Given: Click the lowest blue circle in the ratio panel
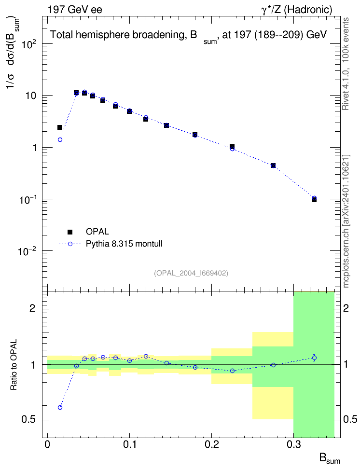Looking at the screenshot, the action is tap(60, 407).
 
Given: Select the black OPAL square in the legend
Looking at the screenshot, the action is tap(70, 232).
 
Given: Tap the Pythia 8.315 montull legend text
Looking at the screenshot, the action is tap(124, 244).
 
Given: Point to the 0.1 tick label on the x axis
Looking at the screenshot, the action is tap(129, 444).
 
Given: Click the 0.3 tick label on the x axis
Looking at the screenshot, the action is tap(294, 444).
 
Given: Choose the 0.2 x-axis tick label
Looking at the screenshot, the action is tap(211, 444).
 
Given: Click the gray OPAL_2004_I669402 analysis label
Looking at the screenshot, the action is tap(191, 273).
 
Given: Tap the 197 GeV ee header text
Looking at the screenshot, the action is tap(75, 10).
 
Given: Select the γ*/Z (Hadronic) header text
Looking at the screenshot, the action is tap(297, 10).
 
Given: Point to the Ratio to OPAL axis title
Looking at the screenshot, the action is tap(14, 365).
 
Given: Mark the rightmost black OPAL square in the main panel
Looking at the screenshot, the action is tap(314, 199).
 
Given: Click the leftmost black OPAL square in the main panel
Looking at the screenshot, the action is tap(60, 127).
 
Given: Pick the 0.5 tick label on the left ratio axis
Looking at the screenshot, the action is tap(28, 420).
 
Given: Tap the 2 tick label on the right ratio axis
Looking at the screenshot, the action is tap(346, 308).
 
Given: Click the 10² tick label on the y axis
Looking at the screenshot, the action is tap(29, 44).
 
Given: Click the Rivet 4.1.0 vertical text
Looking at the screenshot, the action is tap(346, 88).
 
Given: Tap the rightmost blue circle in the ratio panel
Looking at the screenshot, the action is tap(314, 358).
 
